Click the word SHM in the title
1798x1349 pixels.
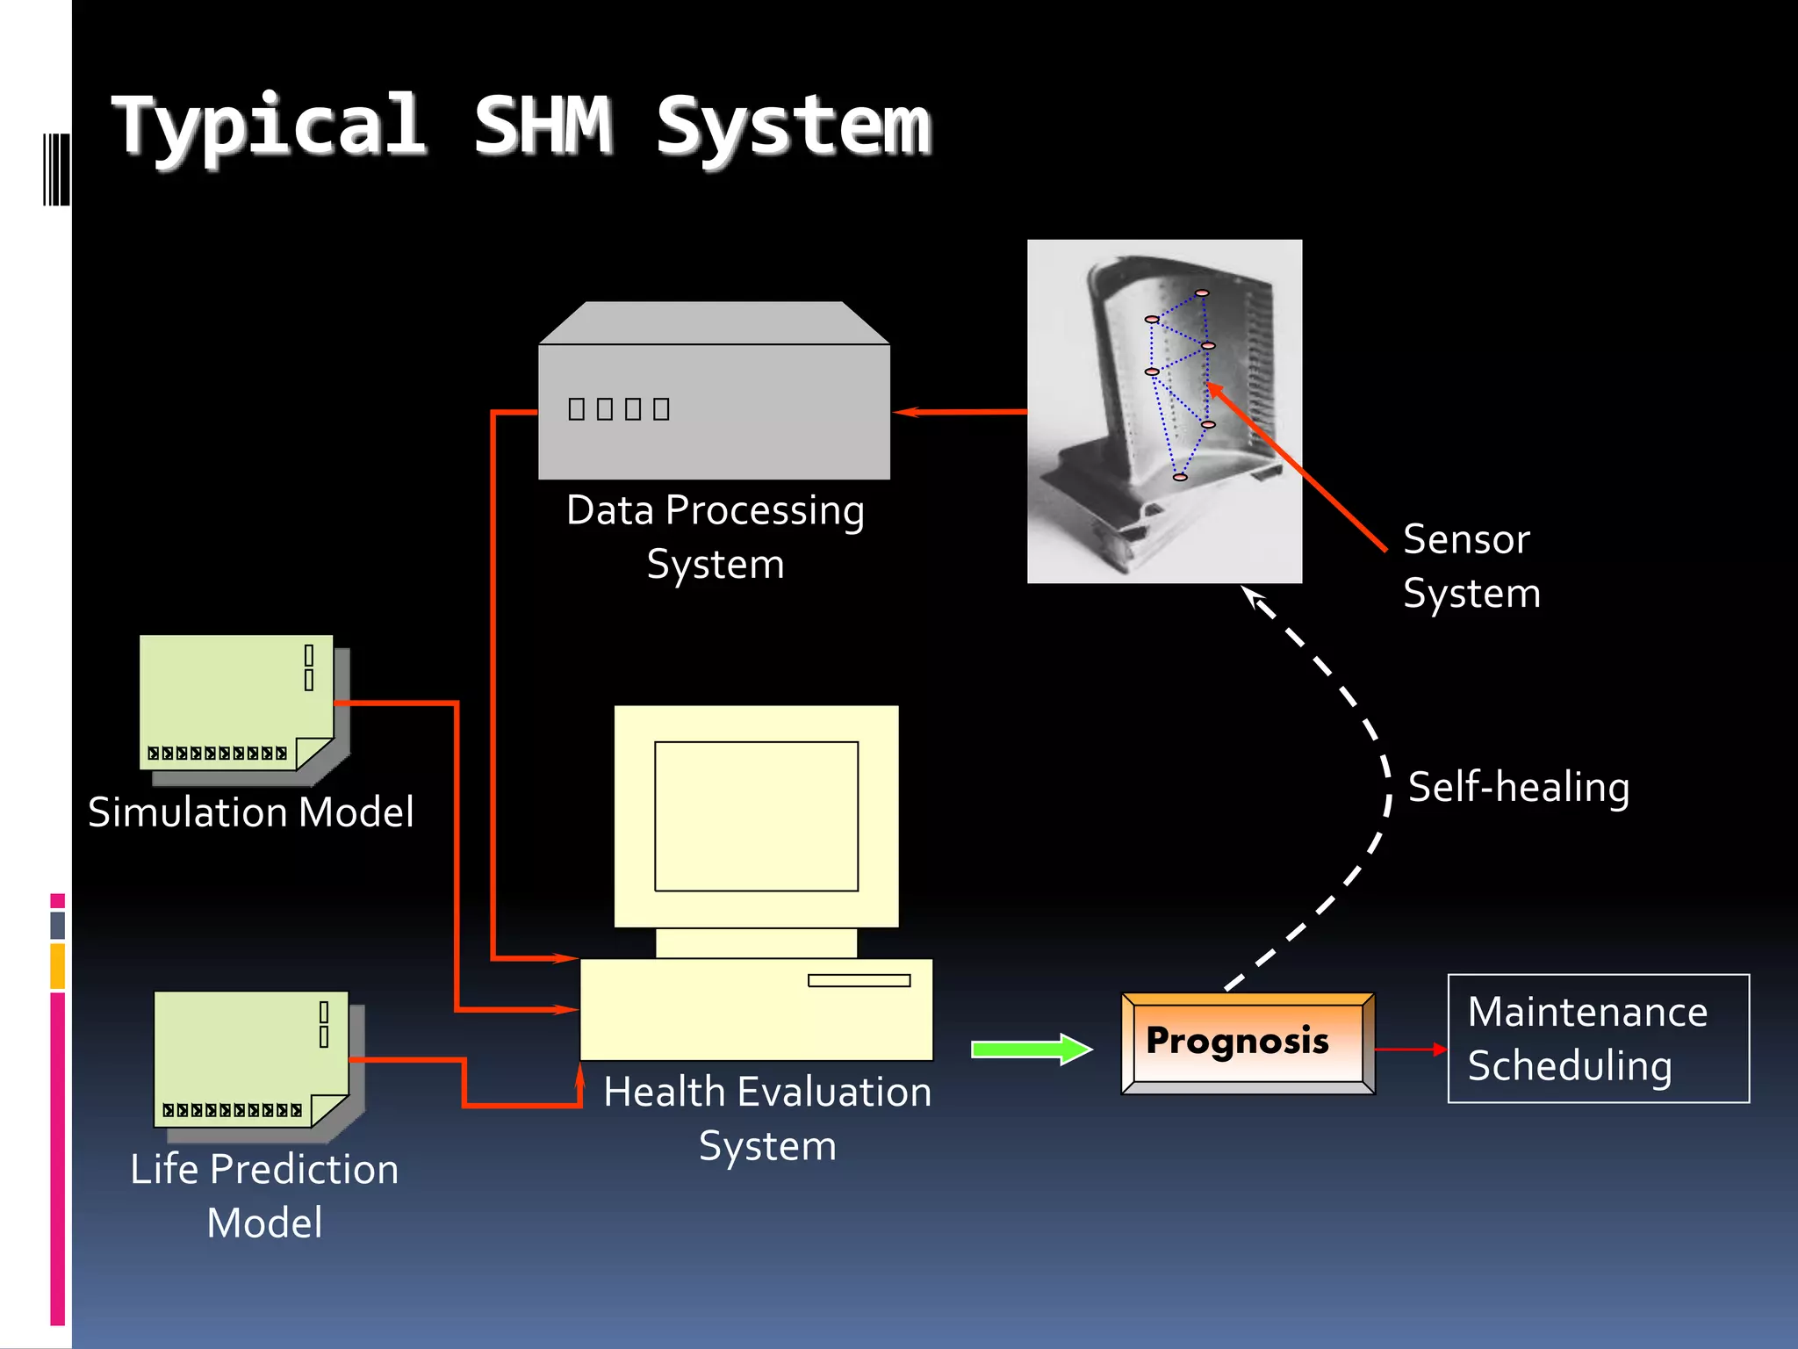(x=543, y=126)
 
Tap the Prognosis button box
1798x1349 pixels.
(x=1248, y=1042)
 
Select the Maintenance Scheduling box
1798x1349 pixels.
(x=1598, y=1038)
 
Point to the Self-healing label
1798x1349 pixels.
(x=1518, y=787)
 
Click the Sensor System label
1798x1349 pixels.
(x=1471, y=566)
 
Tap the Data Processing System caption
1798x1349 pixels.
(x=715, y=537)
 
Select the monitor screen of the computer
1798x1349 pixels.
(x=756, y=816)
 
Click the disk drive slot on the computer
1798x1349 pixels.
(x=859, y=980)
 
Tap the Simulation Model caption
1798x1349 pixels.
(x=251, y=812)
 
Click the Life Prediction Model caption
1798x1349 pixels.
(x=264, y=1195)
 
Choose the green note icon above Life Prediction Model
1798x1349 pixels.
(x=251, y=1058)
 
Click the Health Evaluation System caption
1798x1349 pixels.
(x=767, y=1118)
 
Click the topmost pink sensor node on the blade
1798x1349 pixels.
(x=1202, y=292)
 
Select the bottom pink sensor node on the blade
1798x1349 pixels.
(x=1180, y=477)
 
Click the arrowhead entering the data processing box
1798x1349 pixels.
(x=906, y=411)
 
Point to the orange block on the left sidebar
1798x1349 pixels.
(x=58, y=966)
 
